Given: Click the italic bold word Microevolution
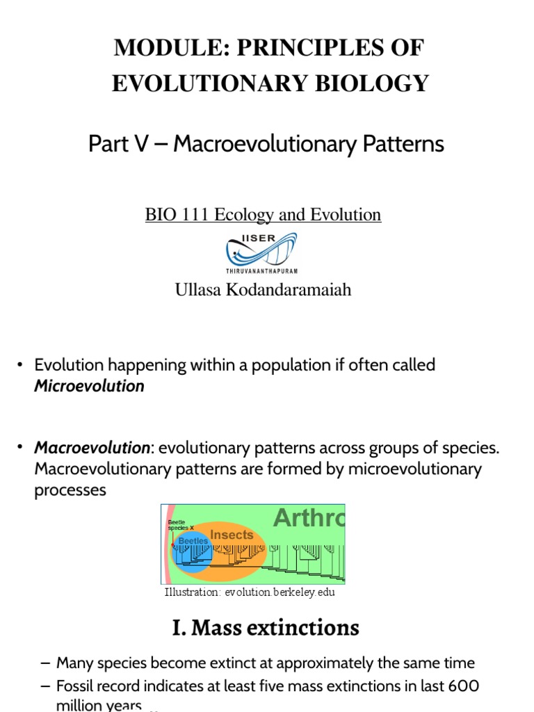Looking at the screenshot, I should [x=90, y=386].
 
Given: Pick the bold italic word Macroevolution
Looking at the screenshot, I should [x=92, y=448].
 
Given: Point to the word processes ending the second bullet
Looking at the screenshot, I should [x=70, y=489].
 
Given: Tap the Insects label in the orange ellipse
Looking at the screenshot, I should [x=232, y=535].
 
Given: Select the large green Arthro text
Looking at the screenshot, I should [x=309, y=518].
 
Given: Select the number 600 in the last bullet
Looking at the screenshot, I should [x=461, y=686].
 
